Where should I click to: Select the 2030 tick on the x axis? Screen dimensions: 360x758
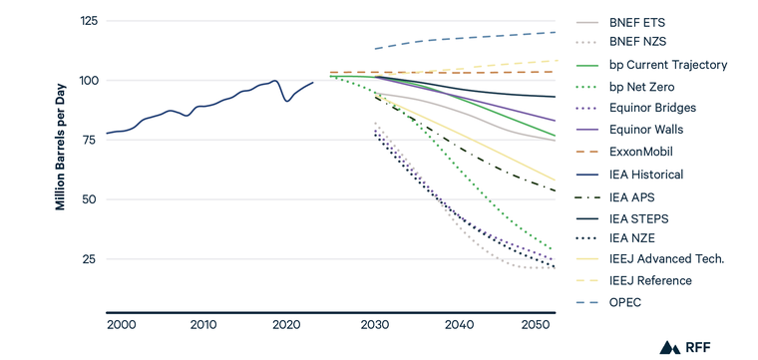[x=376, y=325]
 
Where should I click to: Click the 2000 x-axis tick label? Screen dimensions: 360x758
[x=121, y=325]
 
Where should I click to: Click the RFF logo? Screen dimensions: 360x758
[x=687, y=346]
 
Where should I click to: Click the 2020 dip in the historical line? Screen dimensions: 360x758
[x=288, y=101]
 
